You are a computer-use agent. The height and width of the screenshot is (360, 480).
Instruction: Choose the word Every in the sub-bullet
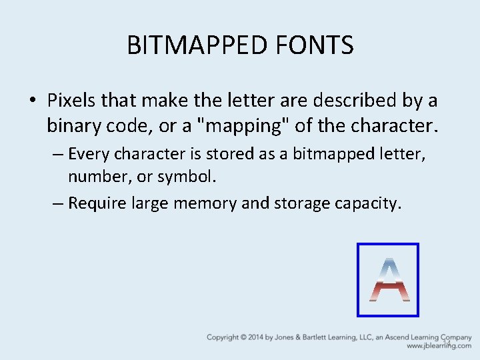[x=89, y=154]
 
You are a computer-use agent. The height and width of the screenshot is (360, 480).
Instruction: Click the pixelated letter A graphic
[x=388, y=279]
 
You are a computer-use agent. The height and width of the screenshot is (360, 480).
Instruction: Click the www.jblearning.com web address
[x=439, y=346]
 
